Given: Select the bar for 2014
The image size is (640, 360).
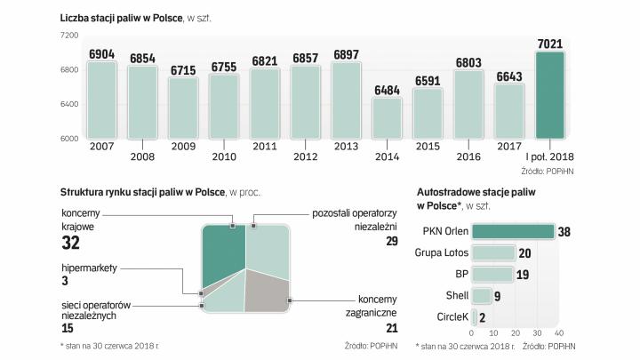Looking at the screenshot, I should pyautogui.click(x=387, y=118).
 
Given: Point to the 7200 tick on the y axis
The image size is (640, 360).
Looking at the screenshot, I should pyautogui.click(x=69, y=36).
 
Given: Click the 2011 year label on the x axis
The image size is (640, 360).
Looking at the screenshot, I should pyautogui.click(x=264, y=145).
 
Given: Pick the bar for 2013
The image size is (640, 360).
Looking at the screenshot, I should pyautogui.click(x=346, y=100).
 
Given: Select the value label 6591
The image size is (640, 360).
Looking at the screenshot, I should pyautogui.click(x=428, y=80).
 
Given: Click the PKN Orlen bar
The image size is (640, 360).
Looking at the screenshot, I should pyautogui.click(x=513, y=232).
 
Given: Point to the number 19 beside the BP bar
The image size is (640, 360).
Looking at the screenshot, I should pyautogui.click(x=523, y=275).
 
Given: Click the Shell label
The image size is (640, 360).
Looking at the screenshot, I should pyautogui.click(x=455, y=296).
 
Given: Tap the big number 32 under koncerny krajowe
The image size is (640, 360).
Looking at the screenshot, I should pyautogui.click(x=71, y=243).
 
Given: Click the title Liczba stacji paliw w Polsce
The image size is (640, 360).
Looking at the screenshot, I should pyautogui.click(x=120, y=17).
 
